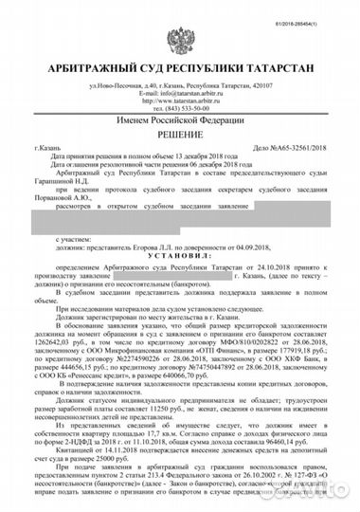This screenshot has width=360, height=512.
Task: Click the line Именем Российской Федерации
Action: pos(180,122)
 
